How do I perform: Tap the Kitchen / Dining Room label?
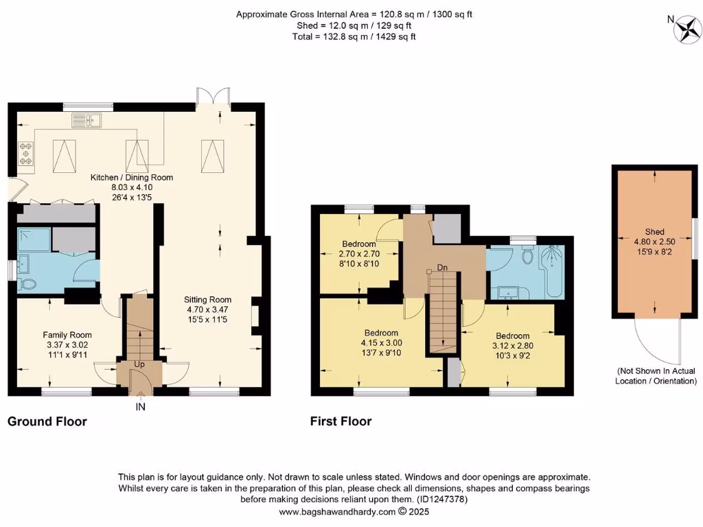tap(132, 177)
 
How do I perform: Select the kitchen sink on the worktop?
tap(87, 121)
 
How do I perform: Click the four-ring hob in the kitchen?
tap(27, 153)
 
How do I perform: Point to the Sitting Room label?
tap(207, 299)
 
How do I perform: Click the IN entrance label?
tap(140, 406)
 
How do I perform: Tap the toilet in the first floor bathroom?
tap(527, 256)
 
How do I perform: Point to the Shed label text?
tap(654, 232)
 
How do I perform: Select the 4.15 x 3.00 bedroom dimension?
tap(381, 342)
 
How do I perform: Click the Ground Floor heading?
tap(47, 421)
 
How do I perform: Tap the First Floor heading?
tap(341, 421)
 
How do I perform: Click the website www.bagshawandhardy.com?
tap(336, 511)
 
